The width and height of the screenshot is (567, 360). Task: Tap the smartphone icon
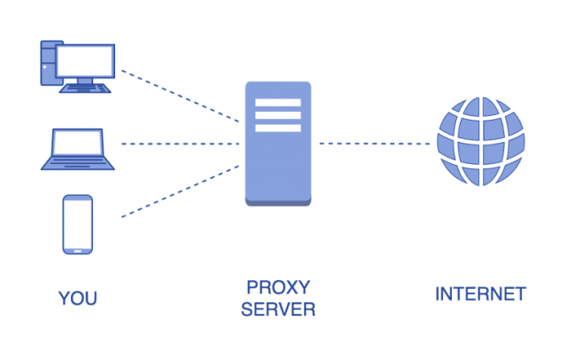coord(78,223)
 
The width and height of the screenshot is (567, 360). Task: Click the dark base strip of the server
coord(277,203)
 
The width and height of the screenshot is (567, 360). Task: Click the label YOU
coord(78,298)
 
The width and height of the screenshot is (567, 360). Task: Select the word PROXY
coord(277,289)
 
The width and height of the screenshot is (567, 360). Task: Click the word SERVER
coord(277,310)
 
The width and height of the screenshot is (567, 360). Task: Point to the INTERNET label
coord(480,293)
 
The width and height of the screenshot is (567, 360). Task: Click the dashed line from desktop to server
coord(182,95)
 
